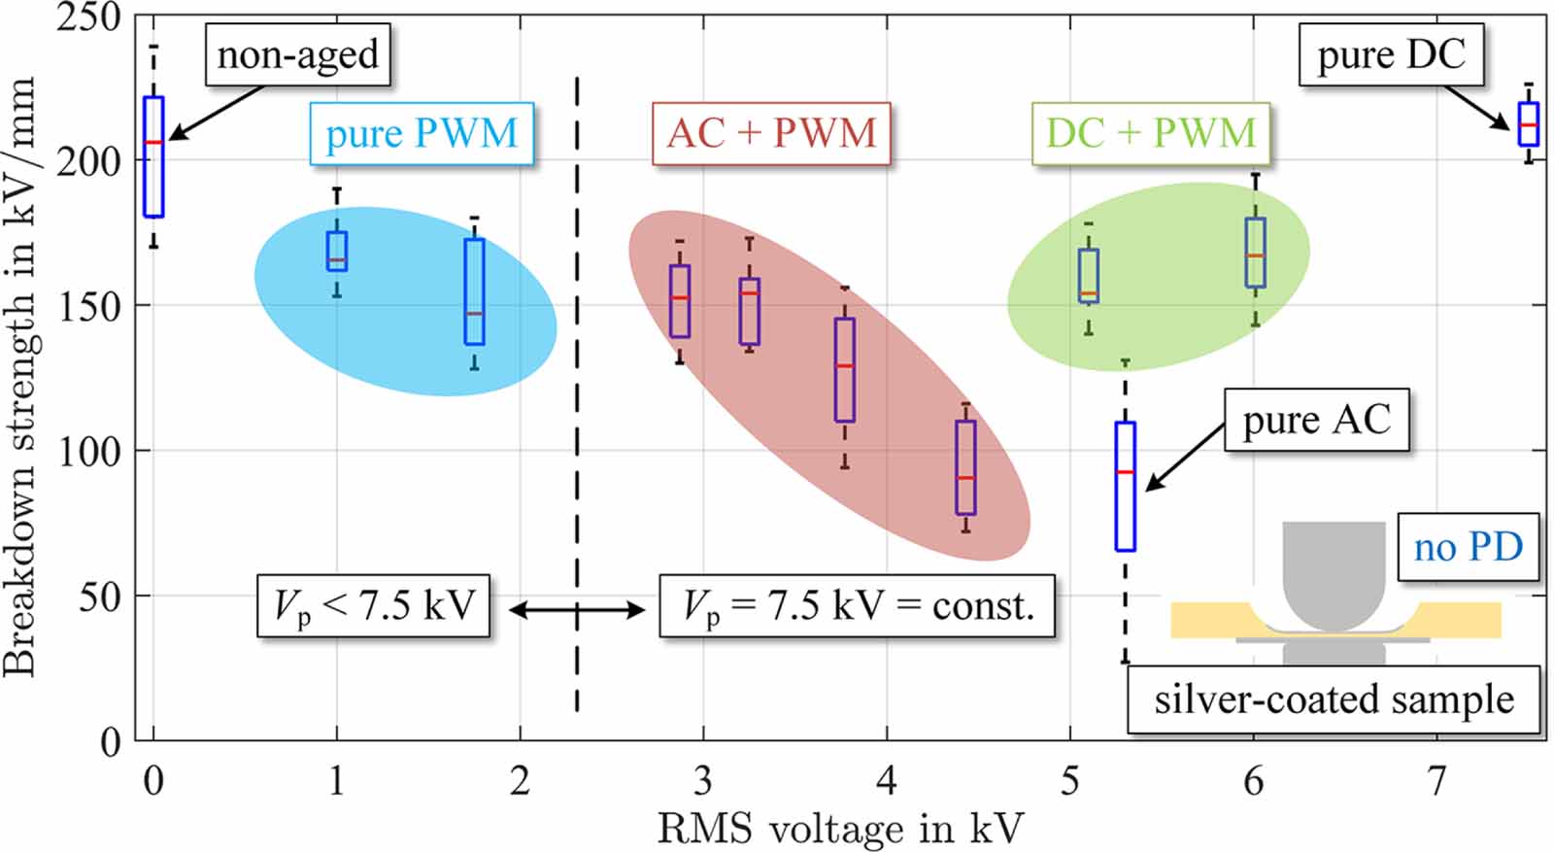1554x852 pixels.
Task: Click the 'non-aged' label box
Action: coord(297,55)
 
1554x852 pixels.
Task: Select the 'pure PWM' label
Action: coord(422,133)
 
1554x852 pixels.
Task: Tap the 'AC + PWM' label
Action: coord(771,133)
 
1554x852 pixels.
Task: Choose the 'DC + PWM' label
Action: coord(1150,133)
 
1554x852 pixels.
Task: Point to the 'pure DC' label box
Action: coord(1391,55)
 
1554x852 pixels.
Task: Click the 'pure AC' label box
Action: coord(1316,421)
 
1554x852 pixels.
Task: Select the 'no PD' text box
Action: coord(1468,547)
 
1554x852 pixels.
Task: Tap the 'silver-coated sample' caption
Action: coord(1333,699)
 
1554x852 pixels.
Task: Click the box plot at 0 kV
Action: coord(153,156)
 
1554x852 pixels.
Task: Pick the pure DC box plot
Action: coord(1528,124)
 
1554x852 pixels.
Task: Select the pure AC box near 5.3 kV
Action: coord(1125,486)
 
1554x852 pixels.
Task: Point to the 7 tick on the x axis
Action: coord(1436,780)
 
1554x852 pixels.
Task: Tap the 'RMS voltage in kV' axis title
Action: coord(840,829)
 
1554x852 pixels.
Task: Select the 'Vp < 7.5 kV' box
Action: coord(373,606)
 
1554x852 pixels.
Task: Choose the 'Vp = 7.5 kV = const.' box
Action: coord(857,606)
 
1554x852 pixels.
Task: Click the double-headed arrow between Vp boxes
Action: coord(576,610)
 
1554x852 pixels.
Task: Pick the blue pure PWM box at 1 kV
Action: coord(337,251)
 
